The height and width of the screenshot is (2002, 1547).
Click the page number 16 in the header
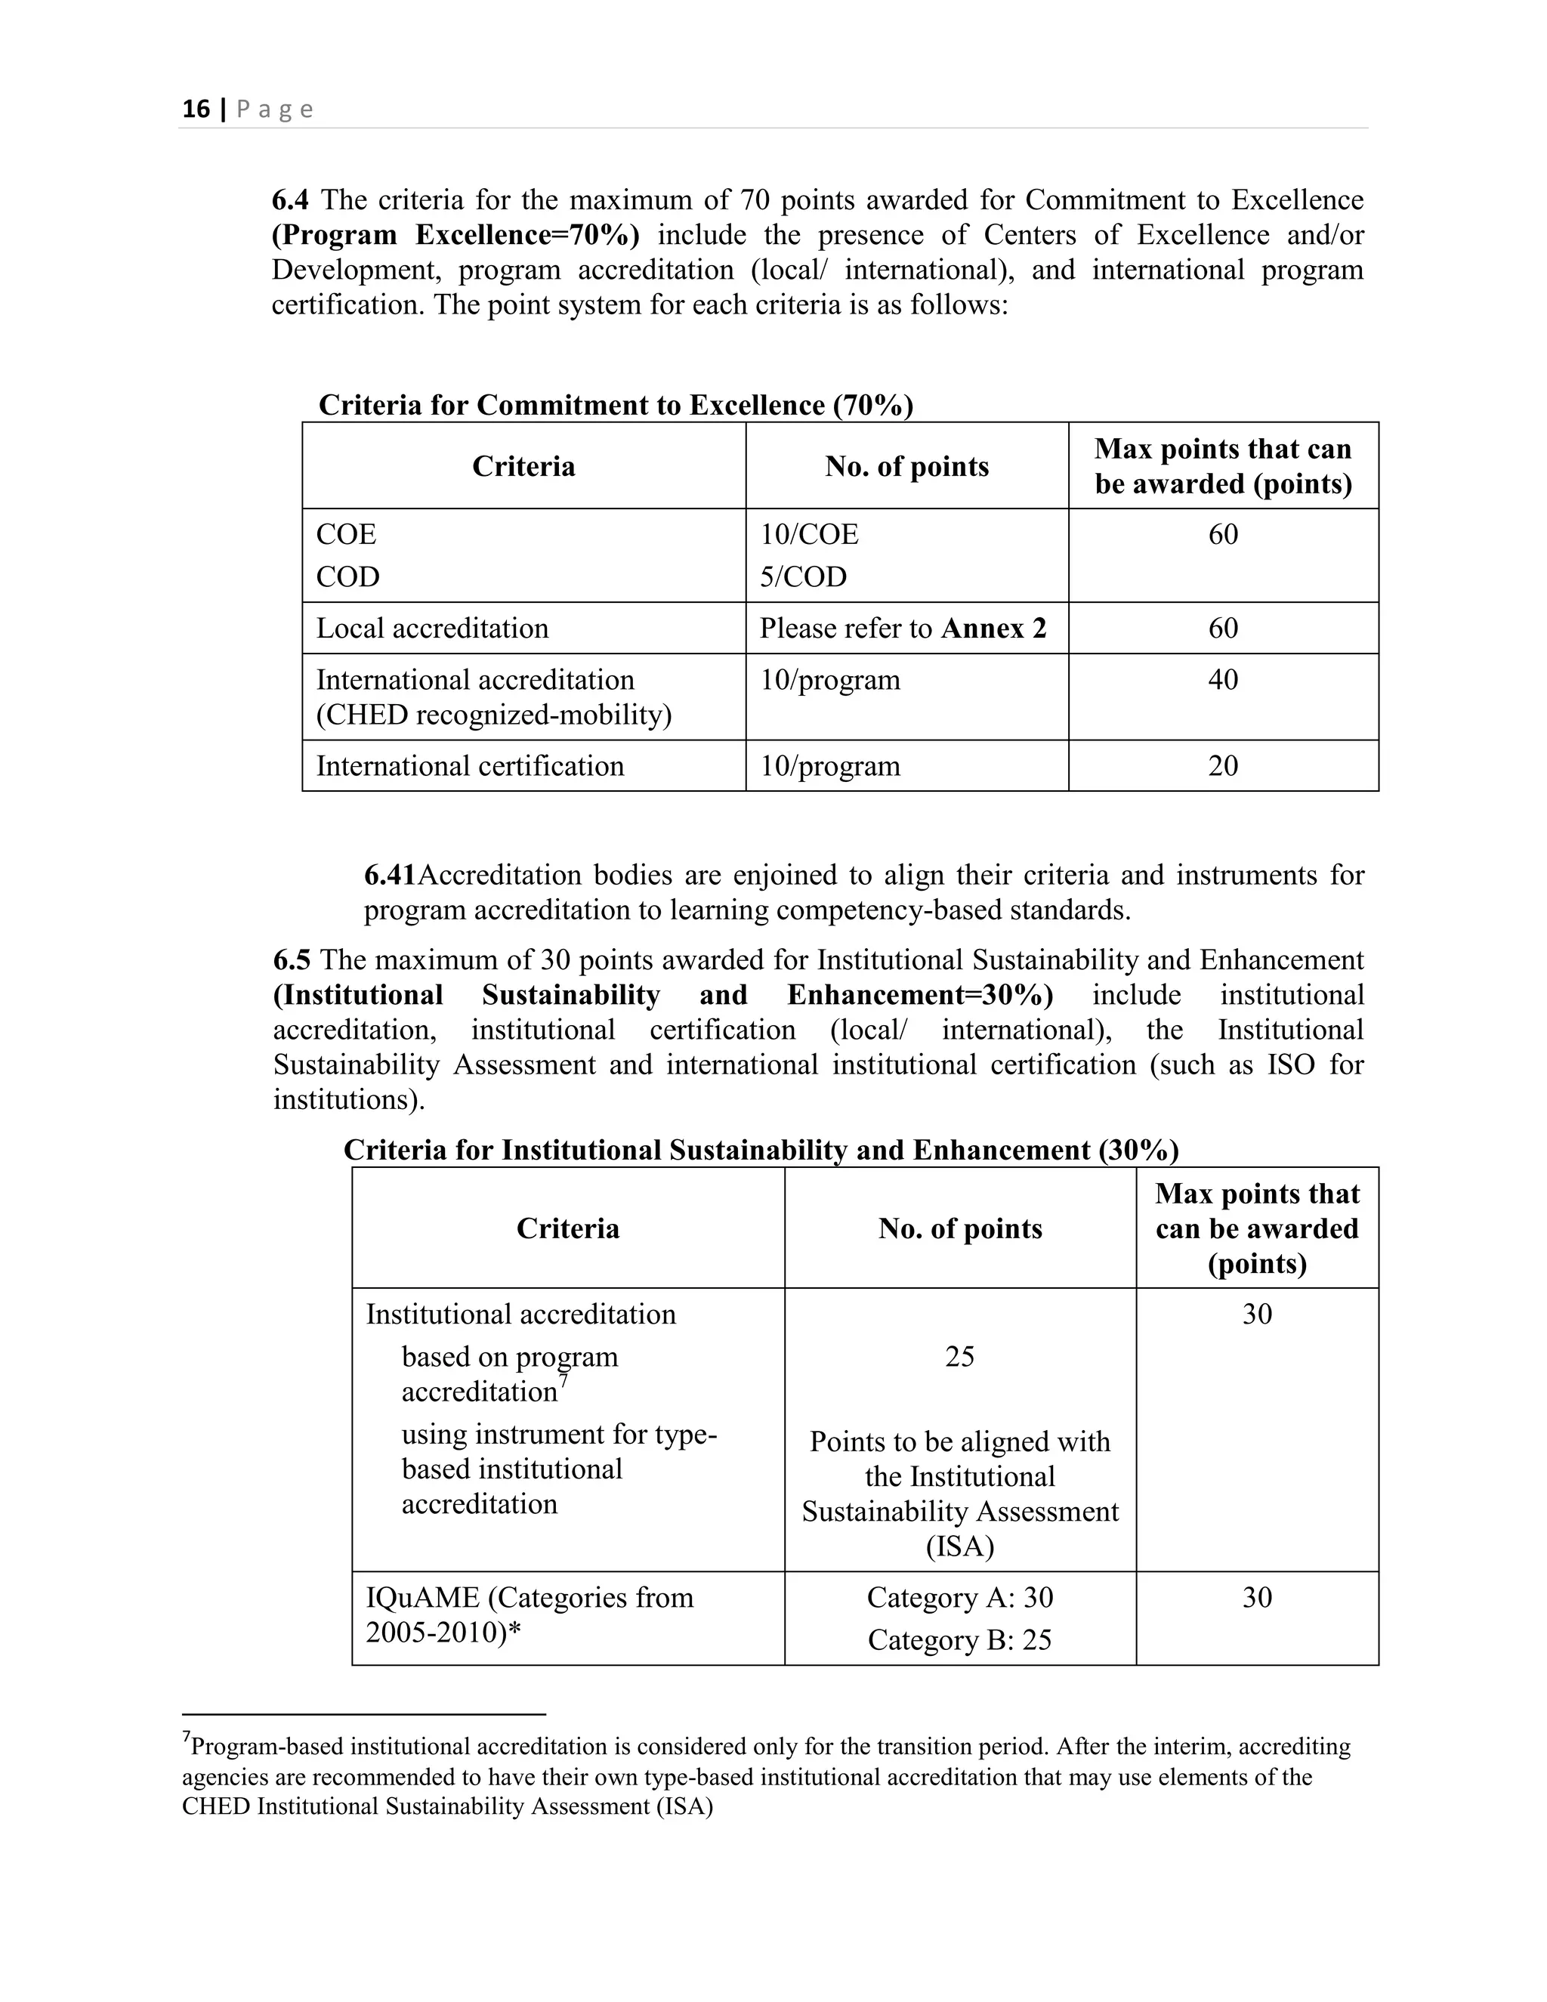[x=196, y=110]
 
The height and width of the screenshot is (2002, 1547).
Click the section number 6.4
[x=291, y=200]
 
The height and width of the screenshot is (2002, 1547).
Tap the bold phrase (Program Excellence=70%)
[x=455, y=235]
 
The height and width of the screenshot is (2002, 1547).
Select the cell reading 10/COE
[x=808, y=533]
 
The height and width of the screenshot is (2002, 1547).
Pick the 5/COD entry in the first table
[x=803, y=576]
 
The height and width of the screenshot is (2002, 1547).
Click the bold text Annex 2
[x=993, y=628]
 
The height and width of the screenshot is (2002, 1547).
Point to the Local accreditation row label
[x=433, y=628]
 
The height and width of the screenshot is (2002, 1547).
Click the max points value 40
[x=1223, y=679]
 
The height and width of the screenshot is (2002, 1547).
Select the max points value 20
[x=1223, y=765]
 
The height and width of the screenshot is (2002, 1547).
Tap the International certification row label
[x=470, y=765]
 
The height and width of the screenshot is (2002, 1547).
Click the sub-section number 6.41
[x=390, y=875]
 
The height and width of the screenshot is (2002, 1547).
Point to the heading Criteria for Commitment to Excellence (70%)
[x=616, y=405]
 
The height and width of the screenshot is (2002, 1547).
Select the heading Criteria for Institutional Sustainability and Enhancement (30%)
[x=761, y=1150]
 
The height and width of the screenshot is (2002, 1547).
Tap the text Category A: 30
[x=959, y=1597]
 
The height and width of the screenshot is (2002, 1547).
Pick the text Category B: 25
[x=959, y=1639]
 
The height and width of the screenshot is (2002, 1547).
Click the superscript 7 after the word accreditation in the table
[x=564, y=1379]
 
